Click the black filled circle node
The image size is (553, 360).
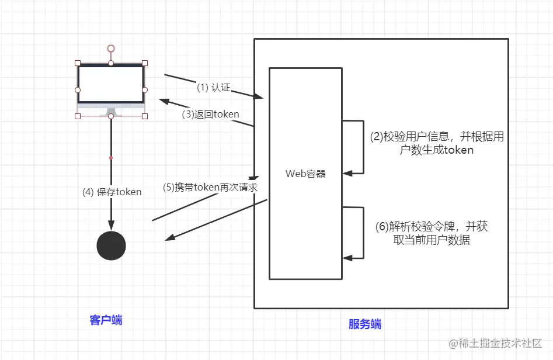click(x=111, y=246)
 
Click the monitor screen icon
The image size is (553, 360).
click(x=111, y=85)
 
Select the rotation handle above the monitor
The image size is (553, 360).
click(x=111, y=48)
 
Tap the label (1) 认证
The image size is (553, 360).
click(x=213, y=88)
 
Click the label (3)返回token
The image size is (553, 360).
click(x=210, y=114)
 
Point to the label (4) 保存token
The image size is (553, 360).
click(x=112, y=192)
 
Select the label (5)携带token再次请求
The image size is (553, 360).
click(x=210, y=188)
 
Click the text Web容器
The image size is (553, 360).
click(x=305, y=174)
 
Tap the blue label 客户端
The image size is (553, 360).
click(x=106, y=320)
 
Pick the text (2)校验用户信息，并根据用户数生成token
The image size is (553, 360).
click(x=437, y=143)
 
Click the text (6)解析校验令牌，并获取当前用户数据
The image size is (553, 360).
click(x=432, y=233)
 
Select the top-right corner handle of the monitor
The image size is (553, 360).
click(x=145, y=63)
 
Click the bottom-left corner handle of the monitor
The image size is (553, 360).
click(x=78, y=116)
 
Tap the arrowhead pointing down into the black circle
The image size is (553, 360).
click(x=111, y=227)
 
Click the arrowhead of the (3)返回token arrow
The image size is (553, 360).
click(x=163, y=101)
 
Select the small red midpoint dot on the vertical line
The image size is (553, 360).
click(x=111, y=158)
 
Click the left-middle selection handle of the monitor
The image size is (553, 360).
click(x=78, y=89)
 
